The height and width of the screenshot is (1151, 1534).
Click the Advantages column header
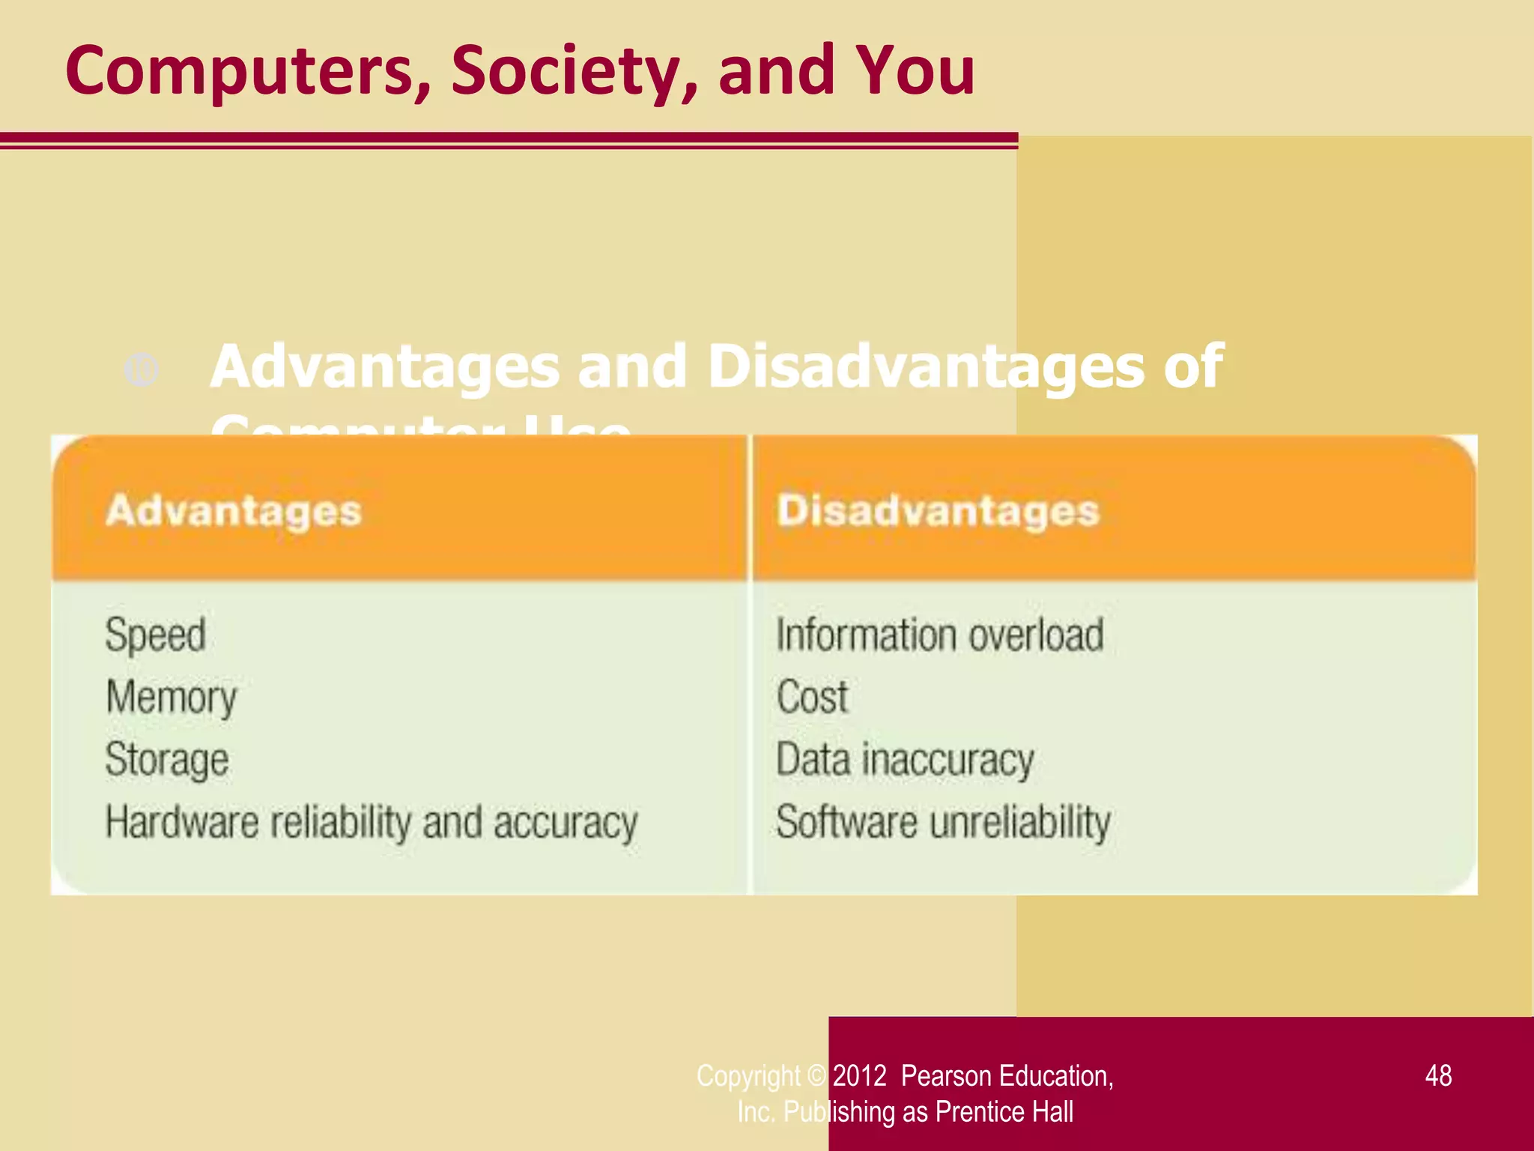[x=234, y=512]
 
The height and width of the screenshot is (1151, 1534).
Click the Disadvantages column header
[x=938, y=512]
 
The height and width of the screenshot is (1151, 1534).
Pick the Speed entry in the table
[x=156, y=635]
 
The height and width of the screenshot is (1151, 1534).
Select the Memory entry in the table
[x=172, y=698]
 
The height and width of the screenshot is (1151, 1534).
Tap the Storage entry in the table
[x=167, y=760]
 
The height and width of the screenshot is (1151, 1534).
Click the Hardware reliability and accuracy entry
[x=372, y=823]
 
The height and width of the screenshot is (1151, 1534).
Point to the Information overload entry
[x=940, y=635]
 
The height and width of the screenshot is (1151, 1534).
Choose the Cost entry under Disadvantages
[x=812, y=697]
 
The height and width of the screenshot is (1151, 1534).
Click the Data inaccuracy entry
[x=905, y=760]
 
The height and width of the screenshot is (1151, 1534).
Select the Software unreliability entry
[x=943, y=823]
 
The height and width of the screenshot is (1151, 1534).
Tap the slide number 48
[x=1438, y=1076]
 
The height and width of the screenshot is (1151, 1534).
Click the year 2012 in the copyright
[x=859, y=1076]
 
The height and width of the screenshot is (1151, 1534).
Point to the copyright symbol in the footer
[x=816, y=1076]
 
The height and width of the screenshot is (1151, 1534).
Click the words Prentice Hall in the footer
[x=1004, y=1112]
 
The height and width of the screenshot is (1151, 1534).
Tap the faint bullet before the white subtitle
[x=142, y=369]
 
